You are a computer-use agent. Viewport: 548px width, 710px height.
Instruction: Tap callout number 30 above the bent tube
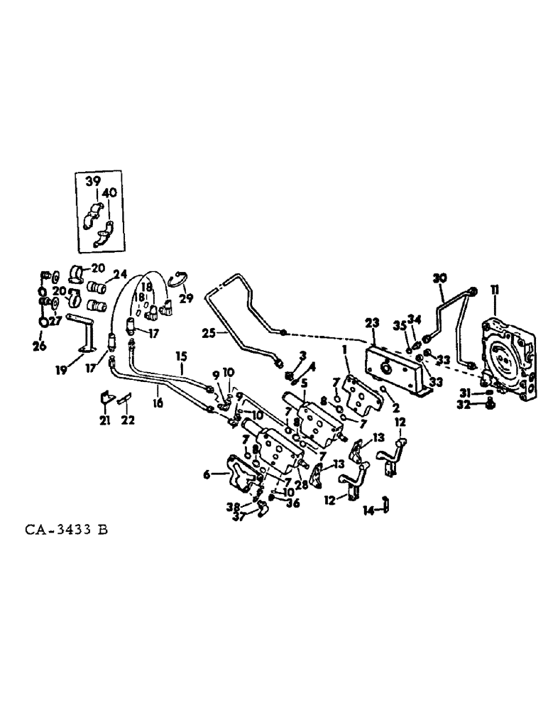[439, 278]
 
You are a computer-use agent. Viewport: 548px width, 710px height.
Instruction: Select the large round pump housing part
[505, 359]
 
